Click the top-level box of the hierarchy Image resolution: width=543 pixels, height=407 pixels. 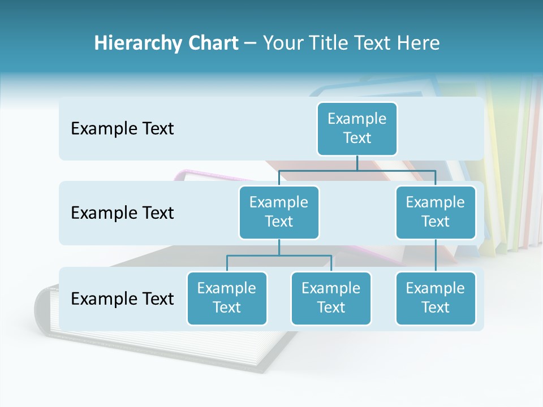point(357,129)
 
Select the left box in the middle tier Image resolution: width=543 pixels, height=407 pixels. point(279,213)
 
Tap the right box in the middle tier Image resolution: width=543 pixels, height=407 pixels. point(436,213)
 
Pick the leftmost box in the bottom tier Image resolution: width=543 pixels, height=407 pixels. point(227,298)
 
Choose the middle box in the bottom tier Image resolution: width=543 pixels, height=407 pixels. point(331,298)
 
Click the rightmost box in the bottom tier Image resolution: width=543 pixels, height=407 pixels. point(436,298)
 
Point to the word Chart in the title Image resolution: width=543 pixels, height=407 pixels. point(213,44)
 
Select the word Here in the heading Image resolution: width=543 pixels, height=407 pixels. point(419,44)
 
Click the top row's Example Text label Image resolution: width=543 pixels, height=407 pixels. point(122,129)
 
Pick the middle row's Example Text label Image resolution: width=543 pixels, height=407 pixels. point(122,213)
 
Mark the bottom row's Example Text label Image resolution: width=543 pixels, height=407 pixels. point(122,299)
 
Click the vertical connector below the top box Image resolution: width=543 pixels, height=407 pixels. point(357,163)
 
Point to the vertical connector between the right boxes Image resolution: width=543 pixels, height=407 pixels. point(436,256)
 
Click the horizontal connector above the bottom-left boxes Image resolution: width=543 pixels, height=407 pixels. point(279,256)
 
